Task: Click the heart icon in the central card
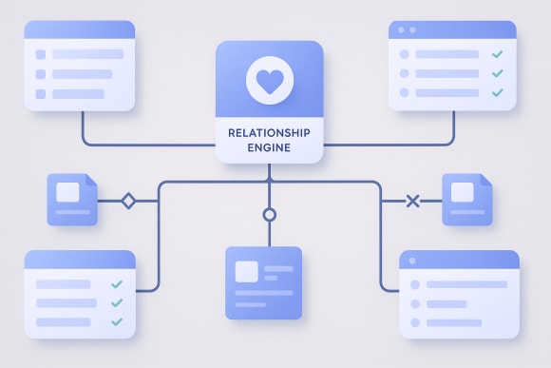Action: pos(269,81)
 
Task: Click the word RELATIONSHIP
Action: pos(269,133)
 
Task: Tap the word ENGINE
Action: pos(269,148)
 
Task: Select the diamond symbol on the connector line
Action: pos(128,200)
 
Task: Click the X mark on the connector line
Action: pos(412,200)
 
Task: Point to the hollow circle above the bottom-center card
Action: pos(269,215)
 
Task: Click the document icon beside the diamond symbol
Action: pos(72,199)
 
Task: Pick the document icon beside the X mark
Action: pos(466,199)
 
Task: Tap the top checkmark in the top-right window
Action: pos(497,54)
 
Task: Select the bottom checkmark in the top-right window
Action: pos(497,92)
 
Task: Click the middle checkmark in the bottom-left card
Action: pos(117,302)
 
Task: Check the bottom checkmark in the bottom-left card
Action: pos(117,321)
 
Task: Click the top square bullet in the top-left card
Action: pos(40,54)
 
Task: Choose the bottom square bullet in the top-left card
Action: pos(40,93)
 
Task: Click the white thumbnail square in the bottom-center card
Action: pos(247,271)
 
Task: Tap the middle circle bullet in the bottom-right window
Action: pos(414,303)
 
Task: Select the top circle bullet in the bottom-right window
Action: pos(414,284)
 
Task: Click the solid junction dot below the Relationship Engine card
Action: pos(269,180)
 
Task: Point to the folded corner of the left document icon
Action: pos(91,181)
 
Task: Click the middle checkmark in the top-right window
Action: pos(497,73)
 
